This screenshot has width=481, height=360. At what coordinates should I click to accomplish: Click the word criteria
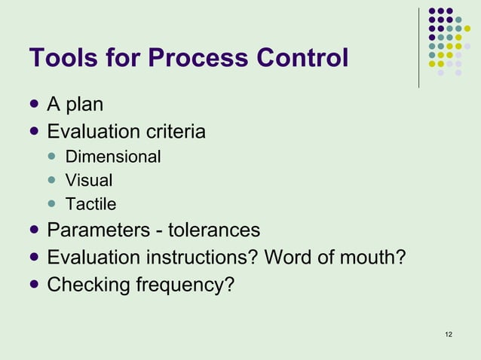[176, 133]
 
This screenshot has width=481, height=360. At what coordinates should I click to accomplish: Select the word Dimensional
[113, 157]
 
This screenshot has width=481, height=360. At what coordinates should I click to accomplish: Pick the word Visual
[89, 181]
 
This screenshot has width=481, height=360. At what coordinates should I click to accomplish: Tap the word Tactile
[90, 204]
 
